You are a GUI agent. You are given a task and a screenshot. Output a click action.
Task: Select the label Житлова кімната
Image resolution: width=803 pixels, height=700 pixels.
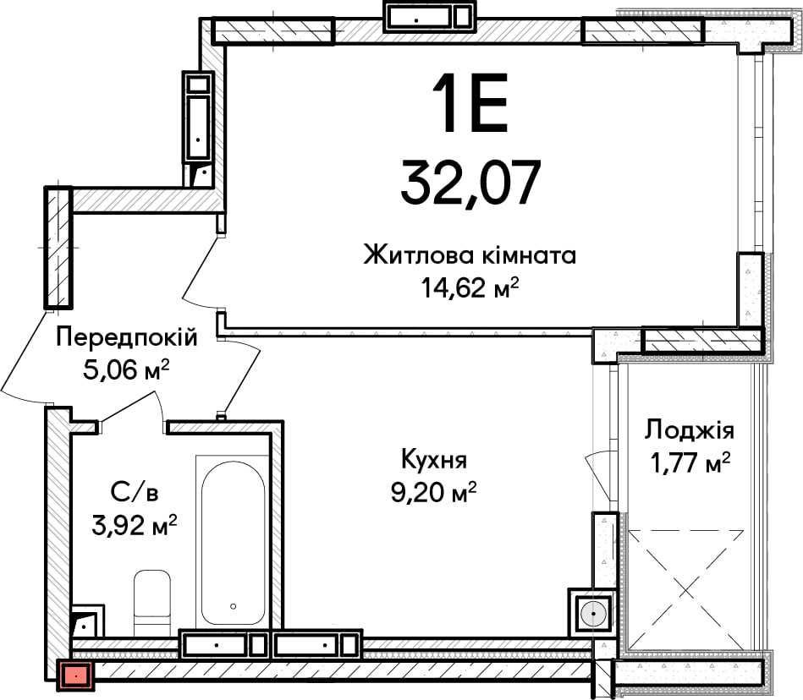tap(470, 254)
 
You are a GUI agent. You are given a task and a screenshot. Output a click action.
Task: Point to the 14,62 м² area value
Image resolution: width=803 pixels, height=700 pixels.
tap(470, 289)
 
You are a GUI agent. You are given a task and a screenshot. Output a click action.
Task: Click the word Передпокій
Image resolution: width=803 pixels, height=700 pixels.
tap(127, 338)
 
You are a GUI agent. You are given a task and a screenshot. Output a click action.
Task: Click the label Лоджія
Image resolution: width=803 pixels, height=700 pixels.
tap(689, 430)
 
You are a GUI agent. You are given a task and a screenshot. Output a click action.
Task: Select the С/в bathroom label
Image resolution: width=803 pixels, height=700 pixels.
tap(134, 492)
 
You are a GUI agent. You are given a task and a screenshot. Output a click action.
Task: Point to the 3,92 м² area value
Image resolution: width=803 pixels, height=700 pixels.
tap(134, 525)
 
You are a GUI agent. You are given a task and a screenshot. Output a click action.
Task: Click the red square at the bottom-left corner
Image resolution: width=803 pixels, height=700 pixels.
tap(75, 675)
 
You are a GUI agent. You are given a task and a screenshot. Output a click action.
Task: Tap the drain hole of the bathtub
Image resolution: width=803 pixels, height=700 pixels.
tap(232, 606)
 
